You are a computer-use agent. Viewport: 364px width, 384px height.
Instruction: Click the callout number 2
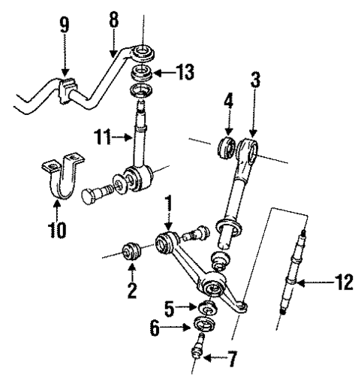(132, 289)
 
